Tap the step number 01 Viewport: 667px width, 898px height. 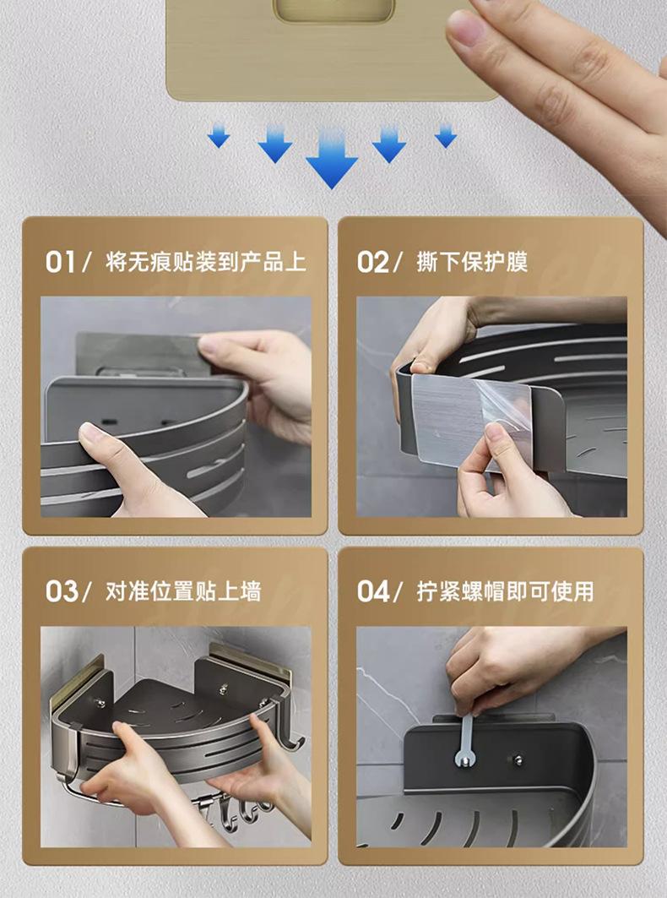60,262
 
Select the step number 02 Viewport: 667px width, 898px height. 372,262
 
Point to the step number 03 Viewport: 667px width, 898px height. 62,591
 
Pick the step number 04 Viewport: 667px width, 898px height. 373,591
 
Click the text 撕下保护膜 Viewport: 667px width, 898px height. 472,262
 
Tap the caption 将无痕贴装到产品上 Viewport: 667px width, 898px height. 205,262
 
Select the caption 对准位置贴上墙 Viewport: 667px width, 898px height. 183,591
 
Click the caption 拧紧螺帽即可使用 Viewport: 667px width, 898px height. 505,591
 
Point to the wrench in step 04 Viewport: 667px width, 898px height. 467,740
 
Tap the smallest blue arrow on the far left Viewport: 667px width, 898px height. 219,136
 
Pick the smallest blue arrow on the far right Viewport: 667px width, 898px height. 446,136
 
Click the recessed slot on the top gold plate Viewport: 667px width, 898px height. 333,10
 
